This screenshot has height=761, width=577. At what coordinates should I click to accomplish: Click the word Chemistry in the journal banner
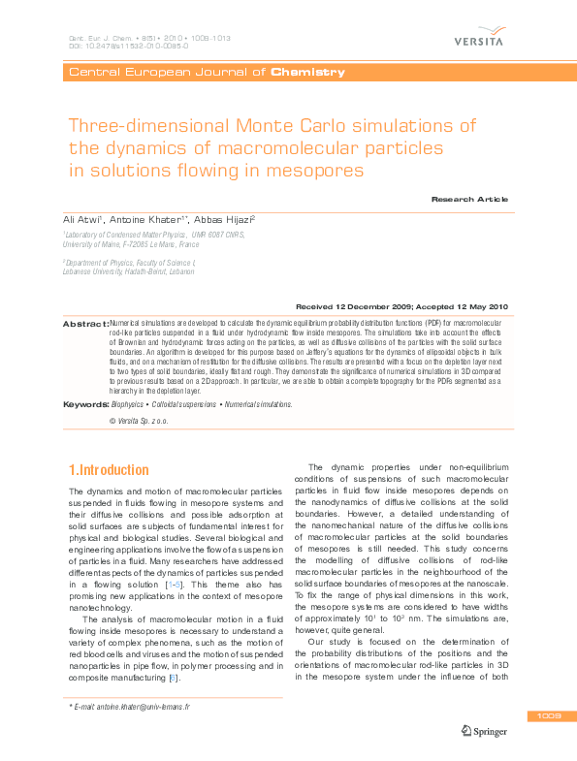pyautogui.click(x=308, y=72)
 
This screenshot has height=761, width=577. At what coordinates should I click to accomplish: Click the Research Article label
pyautogui.click(x=469, y=198)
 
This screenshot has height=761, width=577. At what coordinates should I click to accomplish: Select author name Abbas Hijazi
pyautogui.click(x=222, y=221)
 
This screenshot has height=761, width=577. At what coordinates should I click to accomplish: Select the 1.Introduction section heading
pyautogui.click(x=108, y=470)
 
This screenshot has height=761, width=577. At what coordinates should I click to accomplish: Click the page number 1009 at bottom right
pyautogui.click(x=546, y=716)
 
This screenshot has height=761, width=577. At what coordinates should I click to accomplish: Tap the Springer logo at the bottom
pyautogui.click(x=486, y=732)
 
